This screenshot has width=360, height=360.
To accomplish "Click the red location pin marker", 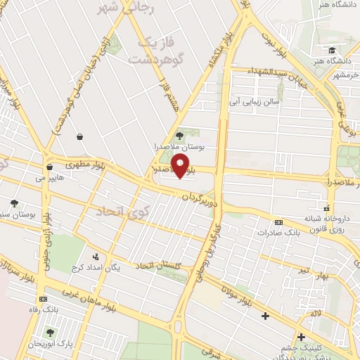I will tap(181, 167).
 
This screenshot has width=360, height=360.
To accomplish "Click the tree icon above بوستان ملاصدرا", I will tap(179, 135).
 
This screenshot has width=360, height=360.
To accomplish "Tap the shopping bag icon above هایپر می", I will tap(49, 167).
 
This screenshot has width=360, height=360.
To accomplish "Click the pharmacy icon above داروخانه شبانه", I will tap(326, 207).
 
